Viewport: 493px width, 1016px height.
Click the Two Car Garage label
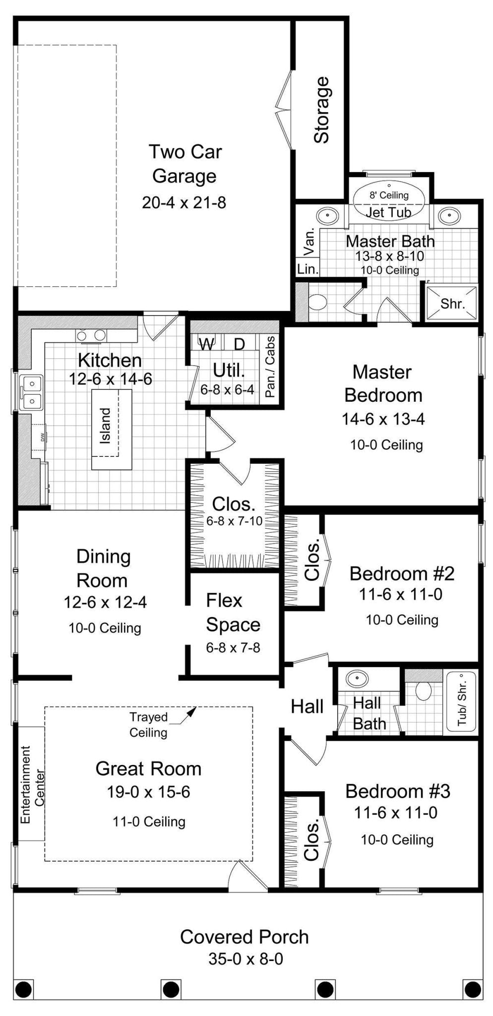tap(185, 164)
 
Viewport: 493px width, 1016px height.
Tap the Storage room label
tap(321, 110)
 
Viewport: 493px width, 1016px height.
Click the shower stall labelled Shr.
tap(452, 303)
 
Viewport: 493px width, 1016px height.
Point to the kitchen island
tap(112, 429)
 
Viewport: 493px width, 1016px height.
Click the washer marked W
tap(206, 344)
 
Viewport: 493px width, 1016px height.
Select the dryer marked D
tap(239, 344)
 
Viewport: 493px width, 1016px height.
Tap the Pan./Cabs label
tap(270, 367)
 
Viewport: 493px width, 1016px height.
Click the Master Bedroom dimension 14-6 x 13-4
tap(383, 419)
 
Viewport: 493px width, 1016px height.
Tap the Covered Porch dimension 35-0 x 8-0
tap(246, 958)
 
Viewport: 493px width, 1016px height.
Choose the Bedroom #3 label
tap(397, 791)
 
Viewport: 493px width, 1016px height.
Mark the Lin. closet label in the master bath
tap(307, 269)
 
